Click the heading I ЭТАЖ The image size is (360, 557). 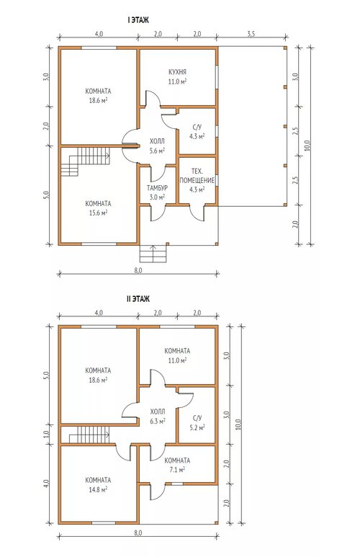coord(138,20)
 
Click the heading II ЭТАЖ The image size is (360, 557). coord(138,299)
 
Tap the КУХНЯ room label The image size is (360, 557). coord(177,72)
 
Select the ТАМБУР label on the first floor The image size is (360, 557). coord(157,188)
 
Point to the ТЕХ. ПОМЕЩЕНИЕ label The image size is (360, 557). coord(197,176)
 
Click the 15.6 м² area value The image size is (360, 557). coord(99,213)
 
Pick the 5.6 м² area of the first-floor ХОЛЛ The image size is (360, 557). coord(157,151)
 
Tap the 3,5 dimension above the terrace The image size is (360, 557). coord(251,34)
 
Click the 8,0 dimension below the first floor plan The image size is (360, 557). coord(138,270)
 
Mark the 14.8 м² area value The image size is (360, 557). coord(99,489)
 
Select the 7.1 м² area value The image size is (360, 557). coord(177,470)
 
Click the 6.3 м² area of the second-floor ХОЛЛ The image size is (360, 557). coord(157,422)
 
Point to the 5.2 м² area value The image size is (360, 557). coord(197,428)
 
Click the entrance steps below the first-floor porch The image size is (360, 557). coord(153,254)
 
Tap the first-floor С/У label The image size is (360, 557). coord(197,127)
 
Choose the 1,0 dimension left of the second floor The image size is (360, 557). coord(47,434)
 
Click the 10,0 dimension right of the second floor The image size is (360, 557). coord(238,424)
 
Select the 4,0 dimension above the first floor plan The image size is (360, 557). coord(99,34)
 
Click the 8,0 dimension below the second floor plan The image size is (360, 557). coord(138,533)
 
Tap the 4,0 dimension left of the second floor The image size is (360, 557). coord(47,484)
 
